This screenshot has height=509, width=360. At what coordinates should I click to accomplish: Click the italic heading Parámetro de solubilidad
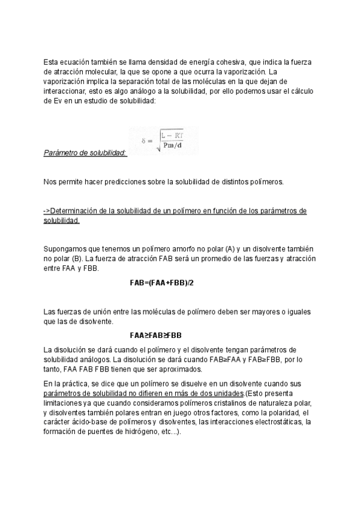(x=85, y=153)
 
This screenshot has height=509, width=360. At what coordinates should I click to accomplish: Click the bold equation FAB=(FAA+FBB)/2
(x=161, y=282)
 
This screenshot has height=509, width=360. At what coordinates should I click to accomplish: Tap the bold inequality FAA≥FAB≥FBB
(x=155, y=336)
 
